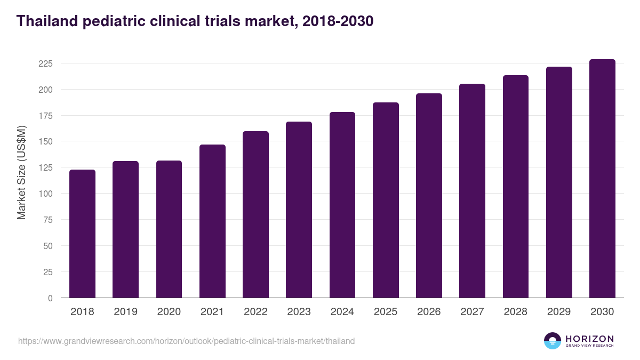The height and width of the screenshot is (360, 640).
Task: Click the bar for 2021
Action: pyautogui.click(x=212, y=221)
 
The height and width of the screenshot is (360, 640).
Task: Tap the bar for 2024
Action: pyautogui.click(x=342, y=205)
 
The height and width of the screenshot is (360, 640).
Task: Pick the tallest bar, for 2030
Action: pyautogui.click(x=602, y=179)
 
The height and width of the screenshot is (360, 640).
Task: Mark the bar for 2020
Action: pyautogui.click(x=169, y=229)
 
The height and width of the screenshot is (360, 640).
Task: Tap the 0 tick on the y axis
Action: pyautogui.click(x=50, y=298)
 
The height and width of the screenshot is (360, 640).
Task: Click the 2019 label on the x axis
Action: pyautogui.click(x=125, y=312)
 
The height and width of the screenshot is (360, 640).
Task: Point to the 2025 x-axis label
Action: pyautogui.click(x=386, y=312)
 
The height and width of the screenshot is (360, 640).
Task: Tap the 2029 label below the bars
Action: pyautogui.click(x=559, y=312)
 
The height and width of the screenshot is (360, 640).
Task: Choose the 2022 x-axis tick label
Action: pyautogui.click(x=255, y=312)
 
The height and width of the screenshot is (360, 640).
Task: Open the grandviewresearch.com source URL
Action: pyautogui.click(x=186, y=341)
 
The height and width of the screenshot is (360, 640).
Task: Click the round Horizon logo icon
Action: pyautogui.click(x=553, y=341)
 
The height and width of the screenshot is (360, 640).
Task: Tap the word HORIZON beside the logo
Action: pyautogui.click(x=589, y=339)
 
